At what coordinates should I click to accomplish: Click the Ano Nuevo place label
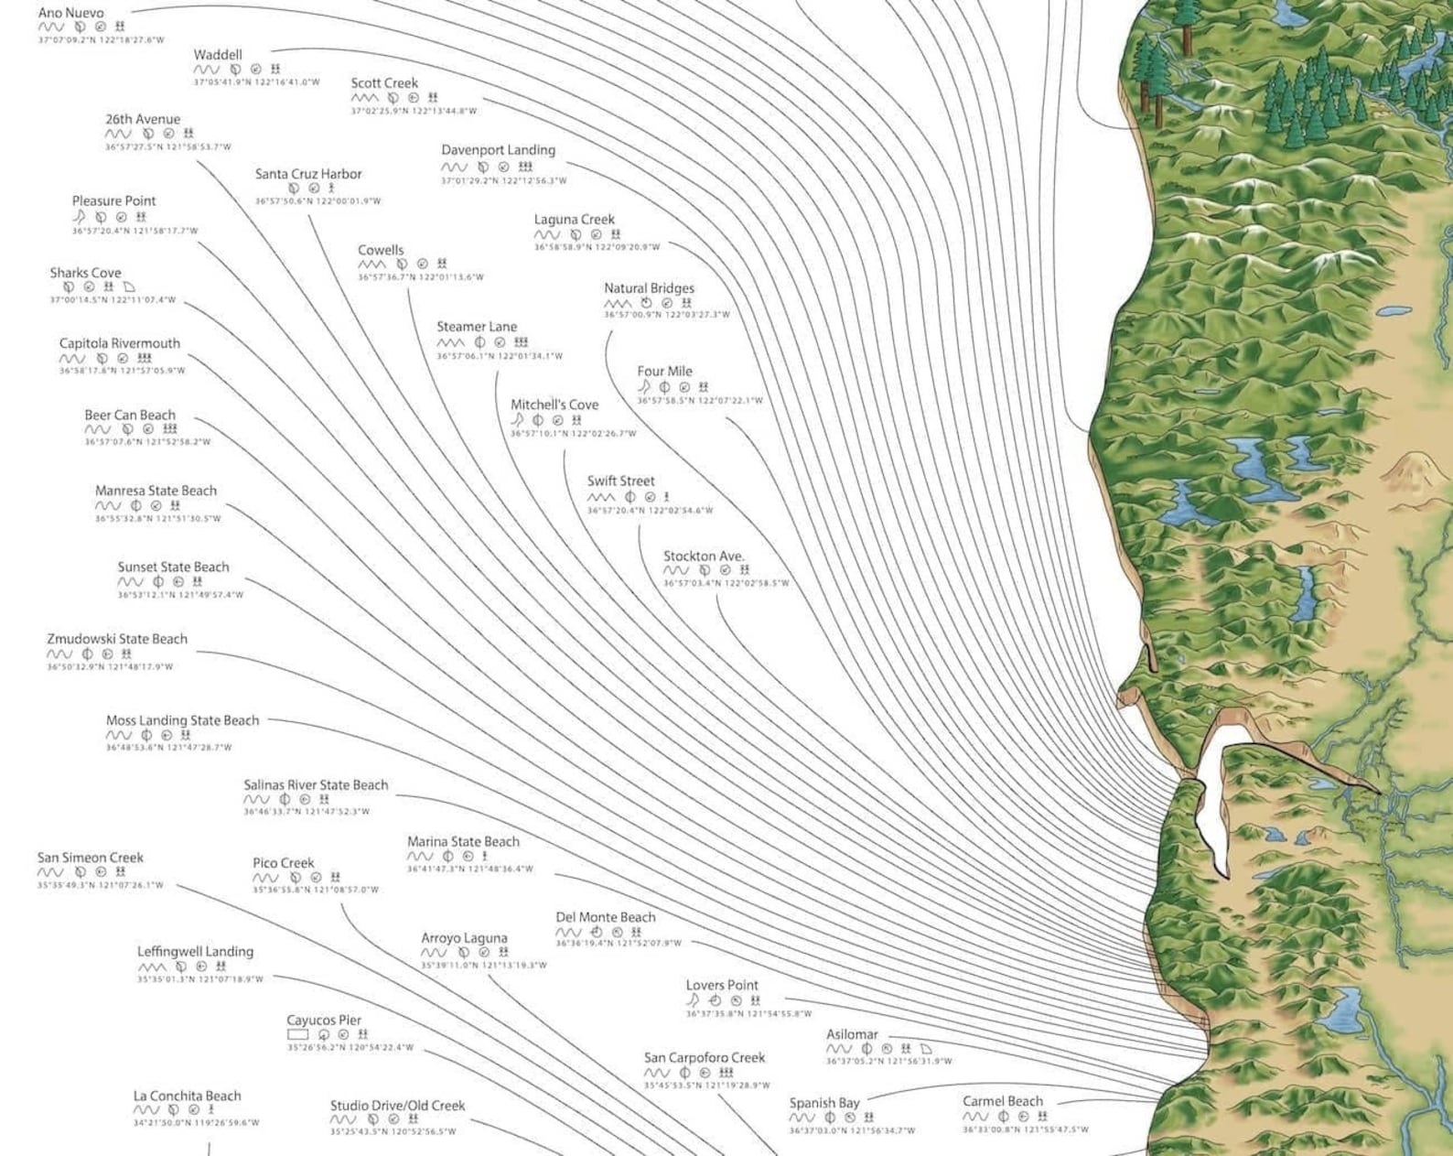pyautogui.click(x=70, y=13)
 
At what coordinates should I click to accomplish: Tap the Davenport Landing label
pyautogui.click(x=498, y=150)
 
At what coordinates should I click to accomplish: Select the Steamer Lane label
pyautogui.click(x=476, y=327)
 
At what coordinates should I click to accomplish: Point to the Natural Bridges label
pyautogui.click(x=649, y=288)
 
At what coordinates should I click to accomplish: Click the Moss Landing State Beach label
pyautogui.click(x=182, y=720)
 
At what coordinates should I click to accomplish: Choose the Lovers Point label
pyautogui.click(x=722, y=986)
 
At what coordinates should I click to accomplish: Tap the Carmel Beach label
pyautogui.click(x=1002, y=1102)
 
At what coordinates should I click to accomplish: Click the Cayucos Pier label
pyautogui.click(x=324, y=1021)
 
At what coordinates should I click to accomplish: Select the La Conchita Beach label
pyautogui.click(x=187, y=1097)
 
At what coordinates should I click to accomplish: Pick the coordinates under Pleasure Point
pyautogui.click(x=135, y=232)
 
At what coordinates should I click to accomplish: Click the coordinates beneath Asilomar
pyautogui.click(x=888, y=1062)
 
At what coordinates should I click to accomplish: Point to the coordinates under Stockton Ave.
pyautogui.click(x=726, y=583)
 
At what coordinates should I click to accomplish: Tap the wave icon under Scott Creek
pyautogui.click(x=363, y=98)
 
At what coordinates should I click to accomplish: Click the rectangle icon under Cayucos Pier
pyautogui.click(x=298, y=1035)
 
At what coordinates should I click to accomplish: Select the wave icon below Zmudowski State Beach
pyautogui.click(x=59, y=654)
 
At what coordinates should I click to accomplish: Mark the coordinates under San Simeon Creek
pyautogui.click(x=101, y=885)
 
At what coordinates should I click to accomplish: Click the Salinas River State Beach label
pyautogui.click(x=316, y=785)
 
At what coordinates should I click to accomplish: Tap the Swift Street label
pyautogui.click(x=620, y=481)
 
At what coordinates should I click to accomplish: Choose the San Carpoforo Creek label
pyautogui.click(x=704, y=1058)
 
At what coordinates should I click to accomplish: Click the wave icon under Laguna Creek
pyautogui.click(x=547, y=235)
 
